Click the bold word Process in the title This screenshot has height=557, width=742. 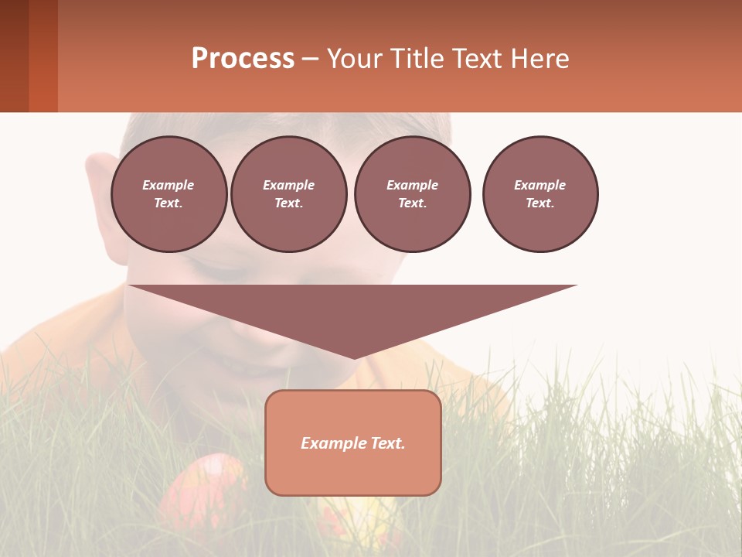point(243,59)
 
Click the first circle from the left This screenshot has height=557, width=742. point(168,194)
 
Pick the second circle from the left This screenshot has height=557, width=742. point(288,194)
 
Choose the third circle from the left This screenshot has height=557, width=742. point(412,194)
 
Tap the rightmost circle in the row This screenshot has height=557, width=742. point(540,194)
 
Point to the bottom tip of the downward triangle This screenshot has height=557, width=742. point(354,357)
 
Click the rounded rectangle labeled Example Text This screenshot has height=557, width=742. point(353,464)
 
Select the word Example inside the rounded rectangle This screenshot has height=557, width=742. point(333,443)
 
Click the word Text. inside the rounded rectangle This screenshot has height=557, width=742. point(387,443)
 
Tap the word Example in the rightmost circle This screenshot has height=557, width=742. point(539,185)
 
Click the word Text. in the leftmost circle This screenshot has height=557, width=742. point(168,203)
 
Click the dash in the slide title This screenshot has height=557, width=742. point(310,59)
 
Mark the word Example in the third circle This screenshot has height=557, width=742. point(412,185)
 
